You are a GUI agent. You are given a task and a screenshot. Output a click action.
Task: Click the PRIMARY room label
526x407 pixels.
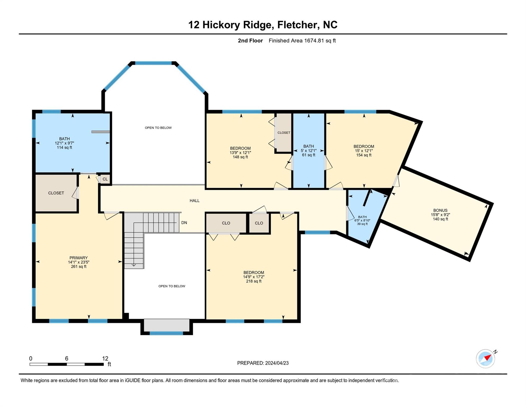point(78,258)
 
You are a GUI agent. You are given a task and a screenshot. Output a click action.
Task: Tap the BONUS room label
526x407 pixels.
point(440,210)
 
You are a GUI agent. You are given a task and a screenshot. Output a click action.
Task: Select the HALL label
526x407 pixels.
point(194,201)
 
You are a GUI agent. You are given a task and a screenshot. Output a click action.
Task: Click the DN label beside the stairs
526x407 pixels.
point(184,223)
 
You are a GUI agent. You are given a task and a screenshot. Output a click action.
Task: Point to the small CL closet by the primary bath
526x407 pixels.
point(105,179)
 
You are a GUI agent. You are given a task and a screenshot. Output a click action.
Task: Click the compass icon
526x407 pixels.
point(486,359)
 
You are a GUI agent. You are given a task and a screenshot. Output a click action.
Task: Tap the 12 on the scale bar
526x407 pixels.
point(105,359)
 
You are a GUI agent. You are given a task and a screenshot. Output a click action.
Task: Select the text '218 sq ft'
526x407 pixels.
point(254,281)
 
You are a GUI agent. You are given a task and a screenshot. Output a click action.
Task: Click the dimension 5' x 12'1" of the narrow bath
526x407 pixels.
point(309,151)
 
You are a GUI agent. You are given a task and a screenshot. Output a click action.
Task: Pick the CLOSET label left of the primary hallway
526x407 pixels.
point(56,193)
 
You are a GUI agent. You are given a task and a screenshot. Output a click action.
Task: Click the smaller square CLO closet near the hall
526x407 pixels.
point(259,223)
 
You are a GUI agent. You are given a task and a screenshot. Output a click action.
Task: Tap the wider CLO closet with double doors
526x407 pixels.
point(226,223)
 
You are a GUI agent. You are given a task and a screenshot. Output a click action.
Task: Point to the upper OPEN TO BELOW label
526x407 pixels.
point(158,128)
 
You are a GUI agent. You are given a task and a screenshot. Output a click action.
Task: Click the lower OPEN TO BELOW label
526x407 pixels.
point(172,286)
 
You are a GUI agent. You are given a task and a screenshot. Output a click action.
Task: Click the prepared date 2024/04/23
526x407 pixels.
point(277,363)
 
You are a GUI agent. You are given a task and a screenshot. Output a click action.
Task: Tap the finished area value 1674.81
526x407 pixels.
point(314,41)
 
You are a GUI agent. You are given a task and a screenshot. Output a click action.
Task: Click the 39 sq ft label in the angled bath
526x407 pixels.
point(362,224)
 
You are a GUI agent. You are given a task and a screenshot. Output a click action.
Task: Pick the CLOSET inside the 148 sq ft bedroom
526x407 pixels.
point(284,132)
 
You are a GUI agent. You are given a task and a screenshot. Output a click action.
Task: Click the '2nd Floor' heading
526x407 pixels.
point(250,41)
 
